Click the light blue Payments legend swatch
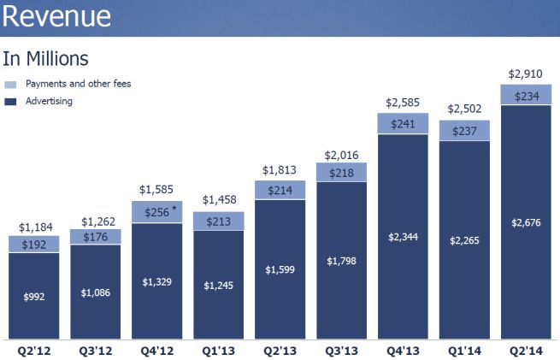pyautogui.click(x=10, y=85)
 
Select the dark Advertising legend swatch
pyautogui.click(x=10, y=102)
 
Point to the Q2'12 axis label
pyautogui.click(x=34, y=349)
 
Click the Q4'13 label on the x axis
pyautogui.click(x=403, y=349)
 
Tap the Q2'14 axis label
pyautogui.click(x=526, y=349)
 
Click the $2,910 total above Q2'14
pyautogui.click(x=526, y=74)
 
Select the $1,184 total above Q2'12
pyautogui.click(x=34, y=227)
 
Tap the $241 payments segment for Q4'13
pyautogui.click(x=403, y=123)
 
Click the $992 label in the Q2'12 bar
pyautogui.click(x=34, y=296)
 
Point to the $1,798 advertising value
pyautogui.click(x=341, y=260)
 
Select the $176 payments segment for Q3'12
pyautogui.click(x=96, y=237)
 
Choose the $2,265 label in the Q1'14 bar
pyautogui.click(x=464, y=240)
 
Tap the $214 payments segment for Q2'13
pyautogui.click(x=280, y=190)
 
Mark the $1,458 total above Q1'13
pyautogui.click(x=219, y=199)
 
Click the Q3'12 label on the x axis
pyautogui.click(x=96, y=349)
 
